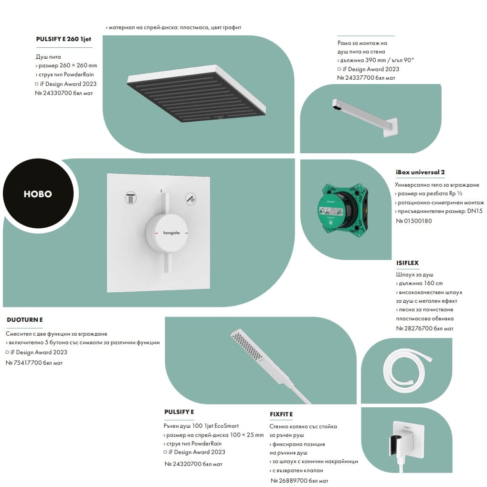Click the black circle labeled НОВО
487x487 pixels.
(x=38, y=193)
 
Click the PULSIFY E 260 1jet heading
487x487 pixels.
(x=64, y=39)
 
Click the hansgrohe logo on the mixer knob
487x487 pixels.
(x=171, y=233)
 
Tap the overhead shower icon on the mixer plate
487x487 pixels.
(x=130, y=198)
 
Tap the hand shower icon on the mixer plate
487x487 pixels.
(x=191, y=199)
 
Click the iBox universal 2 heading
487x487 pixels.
(x=420, y=172)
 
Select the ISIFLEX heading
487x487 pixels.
(x=407, y=263)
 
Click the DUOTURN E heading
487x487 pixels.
(x=25, y=319)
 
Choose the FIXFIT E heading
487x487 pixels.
(x=281, y=414)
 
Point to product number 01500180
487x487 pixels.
(x=418, y=221)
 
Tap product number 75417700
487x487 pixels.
(x=28, y=362)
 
